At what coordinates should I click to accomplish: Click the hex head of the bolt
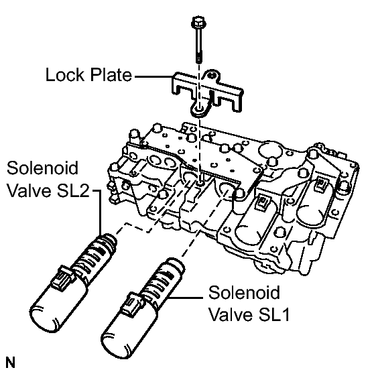click(198, 22)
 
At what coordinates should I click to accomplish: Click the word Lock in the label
click(65, 74)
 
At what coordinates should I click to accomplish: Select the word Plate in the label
click(111, 74)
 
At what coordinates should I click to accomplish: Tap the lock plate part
click(207, 93)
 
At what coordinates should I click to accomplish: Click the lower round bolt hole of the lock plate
click(198, 109)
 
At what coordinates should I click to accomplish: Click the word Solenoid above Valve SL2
click(43, 168)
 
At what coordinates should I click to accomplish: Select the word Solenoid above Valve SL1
click(244, 292)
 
